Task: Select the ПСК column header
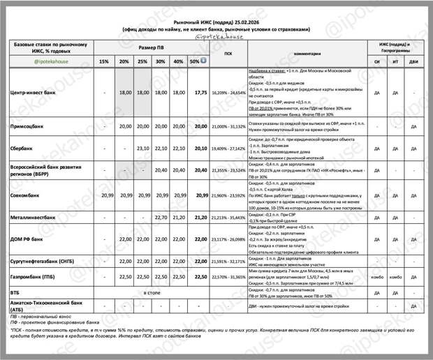(228, 53)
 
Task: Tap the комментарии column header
(307, 53)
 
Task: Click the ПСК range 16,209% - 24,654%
(228, 92)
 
